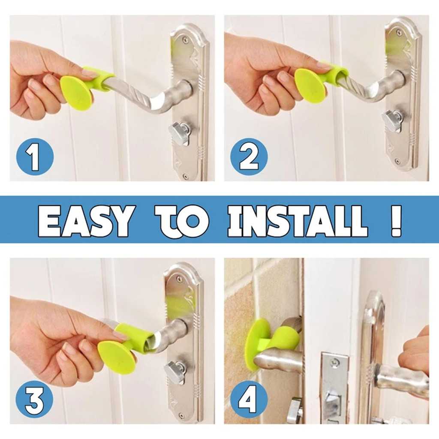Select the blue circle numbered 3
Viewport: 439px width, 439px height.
point(34,400)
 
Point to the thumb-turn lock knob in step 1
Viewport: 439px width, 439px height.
point(180,132)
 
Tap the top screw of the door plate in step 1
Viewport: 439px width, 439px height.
point(184,40)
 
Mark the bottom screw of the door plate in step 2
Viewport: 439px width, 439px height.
point(397,162)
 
